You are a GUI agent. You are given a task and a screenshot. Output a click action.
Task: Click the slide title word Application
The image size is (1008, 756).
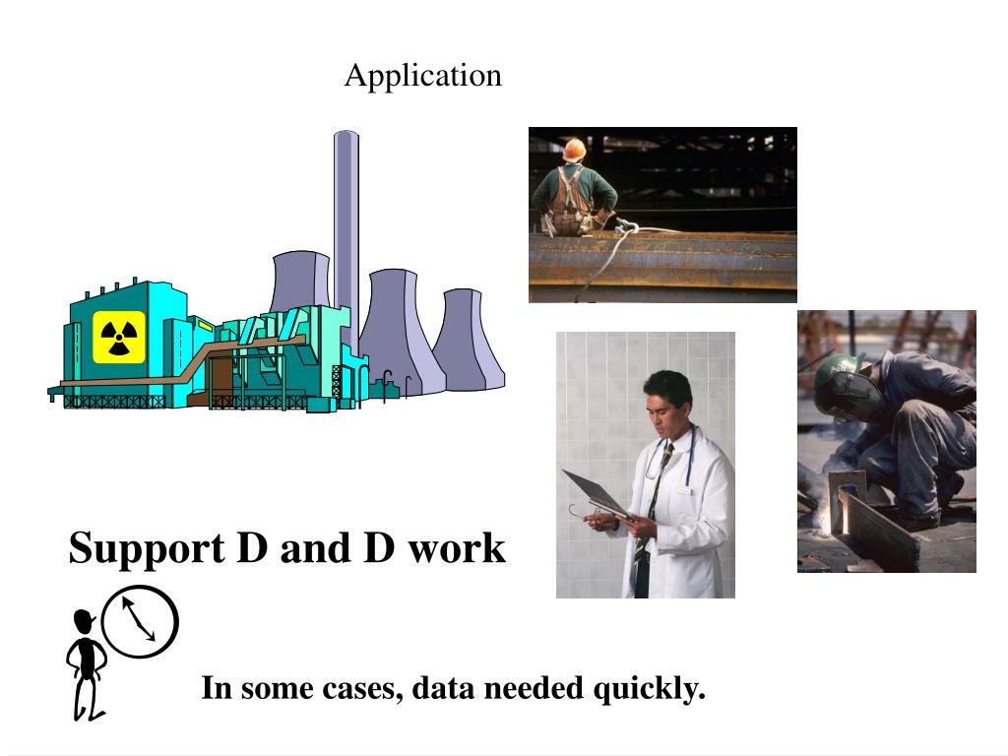(422, 75)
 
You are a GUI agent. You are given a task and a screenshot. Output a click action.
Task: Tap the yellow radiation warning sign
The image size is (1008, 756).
(119, 337)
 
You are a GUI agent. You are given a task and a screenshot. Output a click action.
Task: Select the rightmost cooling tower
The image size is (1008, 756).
(468, 340)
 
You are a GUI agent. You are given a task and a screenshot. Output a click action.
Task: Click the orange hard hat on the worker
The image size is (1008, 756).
(574, 149)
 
